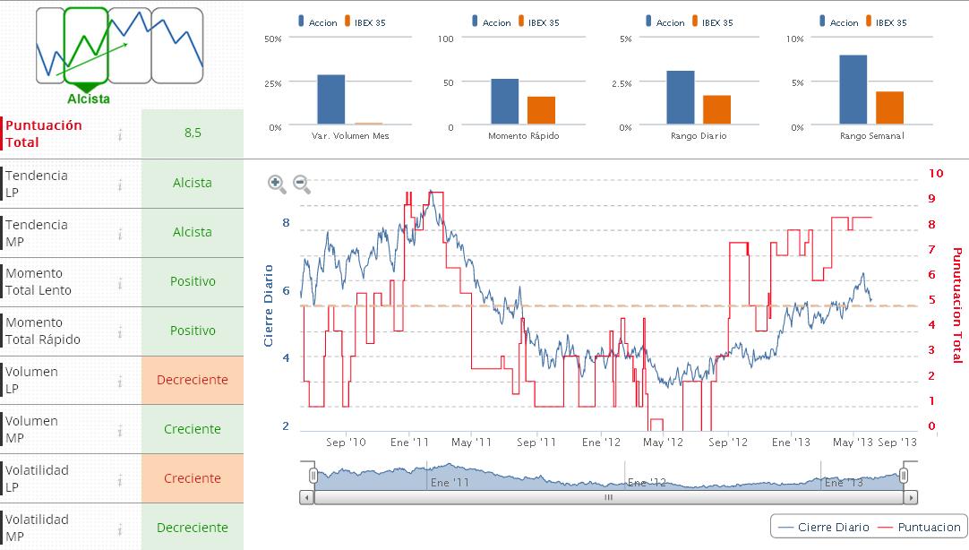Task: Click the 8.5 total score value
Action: click(x=193, y=133)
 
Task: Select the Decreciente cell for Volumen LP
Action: click(x=193, y=380)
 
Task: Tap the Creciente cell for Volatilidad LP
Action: click(x=193, y=478)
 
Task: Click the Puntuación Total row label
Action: click(x=44, y=133)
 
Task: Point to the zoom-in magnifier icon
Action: click(x=277, y=185)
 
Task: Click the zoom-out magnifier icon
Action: click(x=302, y=185)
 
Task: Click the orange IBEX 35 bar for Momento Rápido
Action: click(x=541, y=109)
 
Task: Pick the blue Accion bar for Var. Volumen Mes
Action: click(x=330, y=99)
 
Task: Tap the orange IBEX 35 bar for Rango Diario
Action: click(x=716, y=108)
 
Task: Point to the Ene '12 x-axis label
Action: click(x=601, y=443)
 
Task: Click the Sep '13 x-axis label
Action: click(x=897, y=443)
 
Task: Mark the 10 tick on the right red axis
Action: click(x=937, y=173)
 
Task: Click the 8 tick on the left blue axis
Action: click(x=287, y=222)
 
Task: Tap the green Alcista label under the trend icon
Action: click(x=89, y=99)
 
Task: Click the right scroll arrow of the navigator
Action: click(x=911, y=497)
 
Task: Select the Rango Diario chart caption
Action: click(x=698, y=136)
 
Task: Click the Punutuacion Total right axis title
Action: click(x=956, y=305)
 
